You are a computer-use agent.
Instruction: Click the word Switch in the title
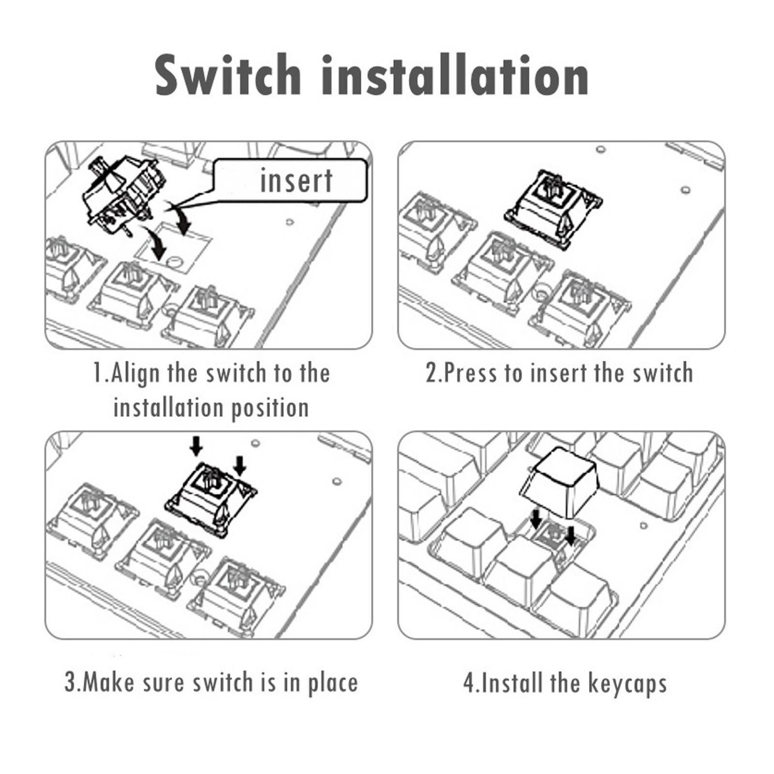pyautogui.click(x=228, y=75)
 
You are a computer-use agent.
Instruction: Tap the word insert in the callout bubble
pyautogui.click(x=296, y=180)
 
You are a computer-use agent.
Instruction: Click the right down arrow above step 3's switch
pyautogui.click(x=240, y=465)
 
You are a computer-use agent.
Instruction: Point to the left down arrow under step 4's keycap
pyautogui.click(x=536, y=519)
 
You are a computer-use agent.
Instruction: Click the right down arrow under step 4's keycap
pyautogui.click(x=571, y=536)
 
